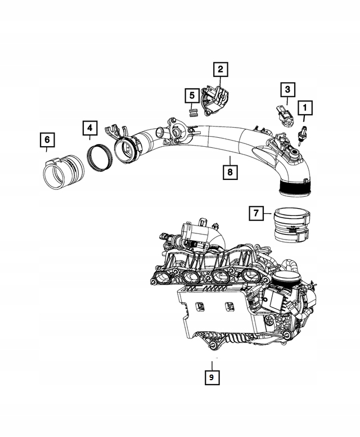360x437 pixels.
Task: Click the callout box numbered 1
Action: (x=305, y=108)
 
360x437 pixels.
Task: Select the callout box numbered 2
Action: (x=220, y=69)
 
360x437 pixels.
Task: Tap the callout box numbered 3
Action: (x=287, y=90)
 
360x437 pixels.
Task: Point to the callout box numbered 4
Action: (x=89, y=128)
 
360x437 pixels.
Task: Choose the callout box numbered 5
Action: (x=192, y=96)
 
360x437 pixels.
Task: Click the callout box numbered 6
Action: (x=47, y=140)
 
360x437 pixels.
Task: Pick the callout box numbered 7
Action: (x=256, y=213)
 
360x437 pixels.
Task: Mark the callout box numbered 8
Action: (x=230, y=172)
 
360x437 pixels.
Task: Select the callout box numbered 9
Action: (x=211, y=377)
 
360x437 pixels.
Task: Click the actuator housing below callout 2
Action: (x=217, y=101)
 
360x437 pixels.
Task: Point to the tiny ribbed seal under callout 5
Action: (x=192, y=112)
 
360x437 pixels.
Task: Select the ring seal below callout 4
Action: (x=100, y=158)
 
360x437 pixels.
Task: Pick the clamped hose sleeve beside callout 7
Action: (x=292, y=226)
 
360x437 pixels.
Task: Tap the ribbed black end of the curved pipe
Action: (x=295, y=188)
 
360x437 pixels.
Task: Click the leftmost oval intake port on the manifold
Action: (x=163, y=277)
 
